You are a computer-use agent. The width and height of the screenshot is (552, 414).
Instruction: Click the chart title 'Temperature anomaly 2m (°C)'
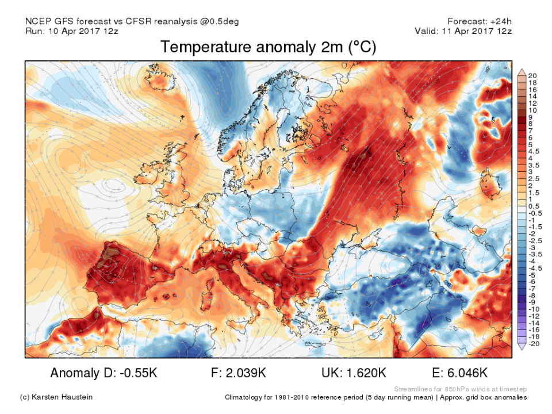click(269, 47)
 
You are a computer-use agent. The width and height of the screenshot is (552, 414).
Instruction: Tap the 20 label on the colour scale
click(532, 76)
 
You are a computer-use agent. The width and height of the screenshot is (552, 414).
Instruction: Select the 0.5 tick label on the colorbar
click(533, 206)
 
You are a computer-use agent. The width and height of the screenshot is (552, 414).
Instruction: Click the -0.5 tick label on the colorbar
click(534, 213)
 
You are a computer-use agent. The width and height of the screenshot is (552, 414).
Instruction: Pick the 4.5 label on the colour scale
click(533, 151)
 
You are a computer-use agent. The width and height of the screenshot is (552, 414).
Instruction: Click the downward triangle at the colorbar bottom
click(522, 346)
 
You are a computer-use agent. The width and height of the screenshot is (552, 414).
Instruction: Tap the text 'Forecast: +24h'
click(481, 22)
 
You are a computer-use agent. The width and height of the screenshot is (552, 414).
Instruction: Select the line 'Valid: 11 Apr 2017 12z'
click(463, 31)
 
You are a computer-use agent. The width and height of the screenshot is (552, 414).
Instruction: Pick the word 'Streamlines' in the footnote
click(413, 389)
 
